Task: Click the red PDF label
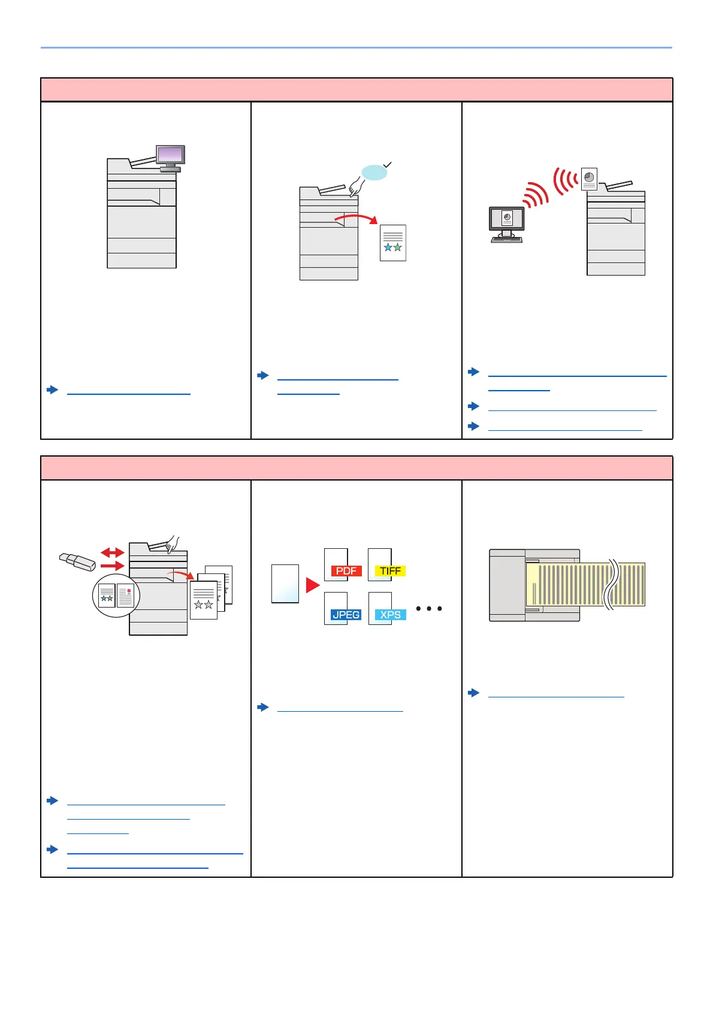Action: point(346,571)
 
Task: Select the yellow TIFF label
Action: point(390,571)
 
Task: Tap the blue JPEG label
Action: point(346,615)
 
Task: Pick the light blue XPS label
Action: point(390,615)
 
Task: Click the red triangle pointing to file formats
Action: point(312,585)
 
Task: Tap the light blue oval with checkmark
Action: point(374,173)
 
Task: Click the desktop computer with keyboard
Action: point(506,225)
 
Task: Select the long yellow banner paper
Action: point(585,584)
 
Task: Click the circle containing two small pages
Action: point(116,596)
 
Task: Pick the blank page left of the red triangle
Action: point(285,584)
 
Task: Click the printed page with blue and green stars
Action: point(393,243)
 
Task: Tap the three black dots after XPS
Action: point(429,609)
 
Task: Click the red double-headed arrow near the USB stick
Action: point(112,552)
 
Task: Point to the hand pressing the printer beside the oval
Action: point(357,186)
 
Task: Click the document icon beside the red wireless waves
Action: point(589,179)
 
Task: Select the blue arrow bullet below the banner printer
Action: point(473,693)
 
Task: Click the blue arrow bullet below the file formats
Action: point(262,707)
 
